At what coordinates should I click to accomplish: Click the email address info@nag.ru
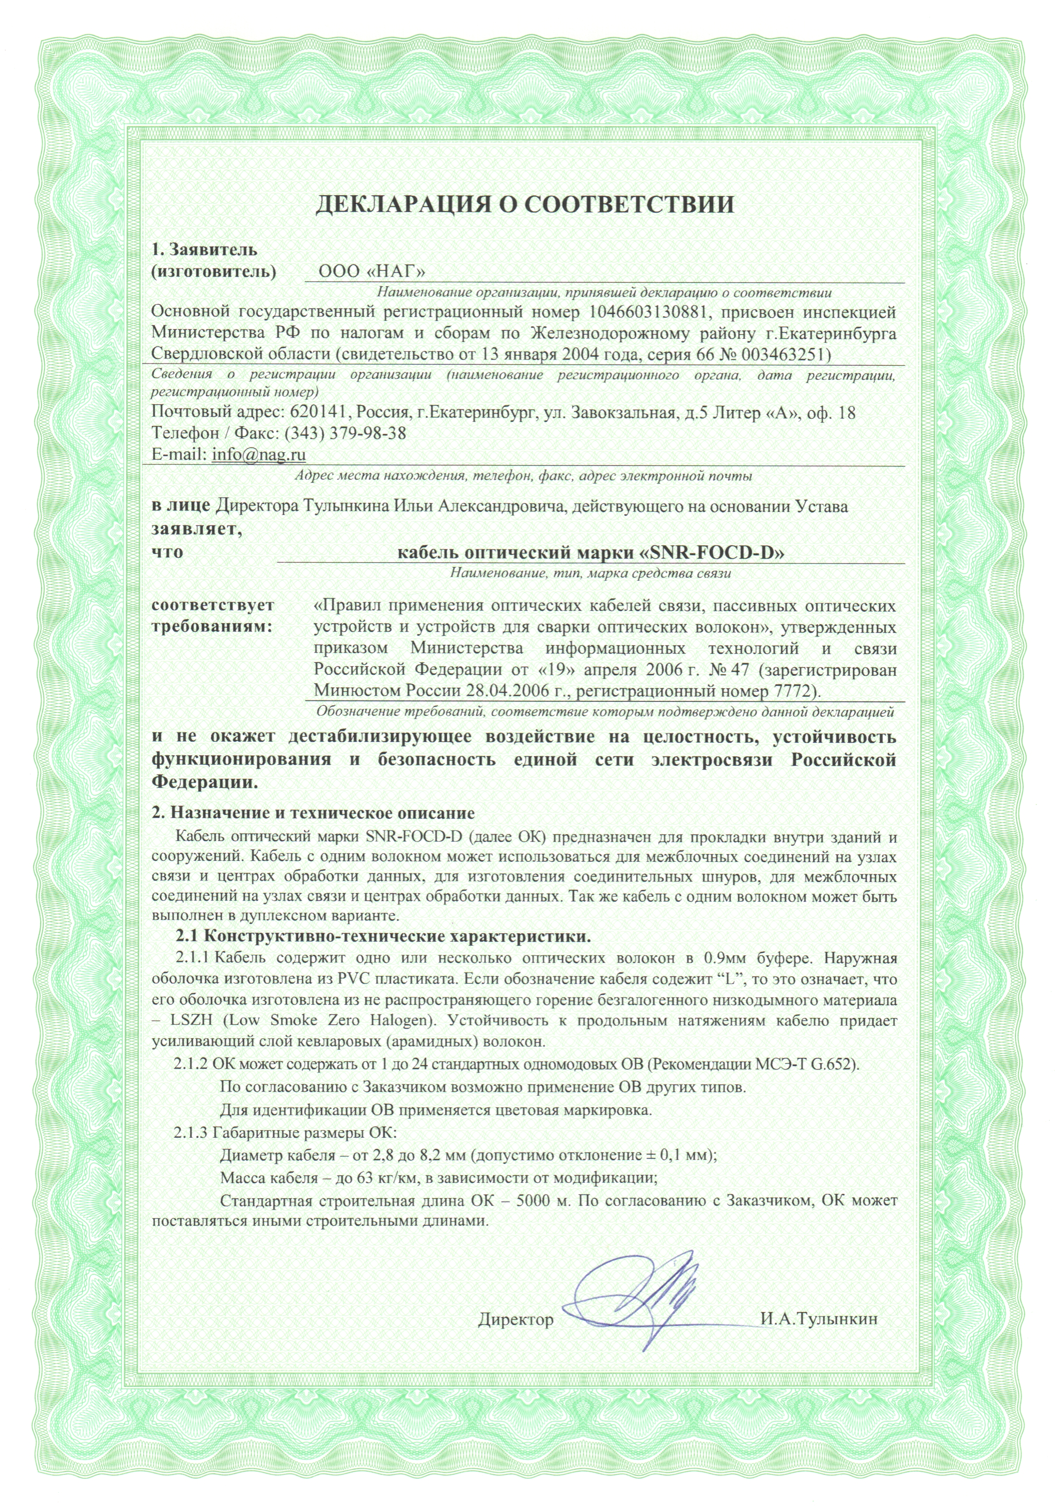pyautogui.click(x=258, y=454)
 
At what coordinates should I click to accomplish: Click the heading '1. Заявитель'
pyautogui.click(x=204, y=250)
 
